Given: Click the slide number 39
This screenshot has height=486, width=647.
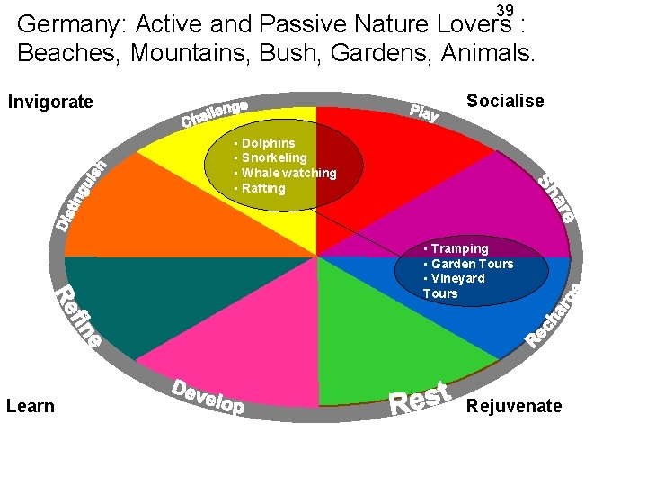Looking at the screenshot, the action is [505, 10].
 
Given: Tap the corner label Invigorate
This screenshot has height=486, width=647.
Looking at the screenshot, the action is [50, 102].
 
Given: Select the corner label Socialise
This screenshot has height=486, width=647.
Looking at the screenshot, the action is [505, 101].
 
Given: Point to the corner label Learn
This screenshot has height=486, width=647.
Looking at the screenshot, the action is [31, 406].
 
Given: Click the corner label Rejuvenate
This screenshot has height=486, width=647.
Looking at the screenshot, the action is [514, 406].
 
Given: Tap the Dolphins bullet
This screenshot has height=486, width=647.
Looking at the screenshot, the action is [266, 143].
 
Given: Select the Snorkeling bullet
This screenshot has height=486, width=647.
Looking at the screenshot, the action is [272, 158].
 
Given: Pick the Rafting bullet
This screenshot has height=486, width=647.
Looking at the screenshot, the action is [261, 188].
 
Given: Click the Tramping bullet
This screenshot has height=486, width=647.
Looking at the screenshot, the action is [458, 248].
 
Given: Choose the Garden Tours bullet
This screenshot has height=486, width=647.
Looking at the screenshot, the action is [471, 264].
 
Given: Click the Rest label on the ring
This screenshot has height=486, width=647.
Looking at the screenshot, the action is [421, 397].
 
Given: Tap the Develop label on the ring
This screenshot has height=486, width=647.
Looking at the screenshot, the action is [208, 397].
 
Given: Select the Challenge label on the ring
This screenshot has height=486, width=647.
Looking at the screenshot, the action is [215, 112].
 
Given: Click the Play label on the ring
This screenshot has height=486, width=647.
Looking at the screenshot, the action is [423, 112].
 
